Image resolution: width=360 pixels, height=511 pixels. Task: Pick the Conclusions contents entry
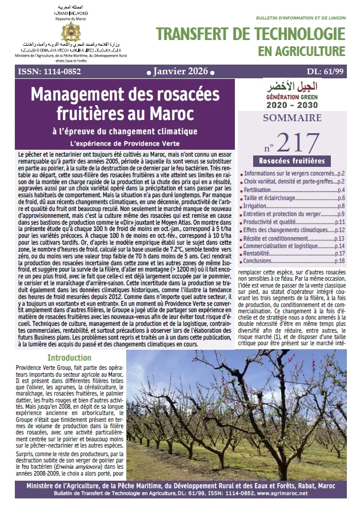click(260, 261)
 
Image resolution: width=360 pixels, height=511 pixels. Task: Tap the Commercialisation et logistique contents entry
click(281, 245)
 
